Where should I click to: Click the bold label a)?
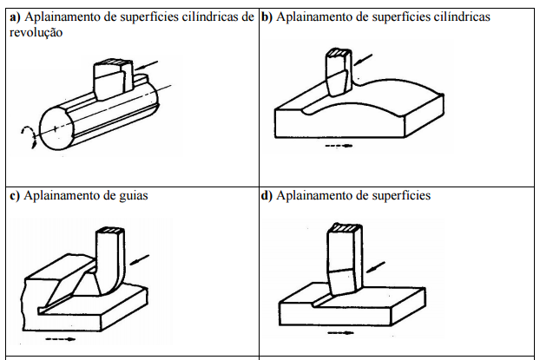15,16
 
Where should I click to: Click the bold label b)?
267,16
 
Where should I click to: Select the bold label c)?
15,195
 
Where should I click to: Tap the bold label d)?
267,195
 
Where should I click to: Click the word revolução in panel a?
36,32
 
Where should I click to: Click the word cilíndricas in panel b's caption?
462,16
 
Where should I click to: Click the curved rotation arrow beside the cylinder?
29,137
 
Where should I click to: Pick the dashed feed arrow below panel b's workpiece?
339,146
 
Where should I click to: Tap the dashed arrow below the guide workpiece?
60,339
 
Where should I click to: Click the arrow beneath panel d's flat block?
340,333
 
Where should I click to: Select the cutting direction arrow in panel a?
146,65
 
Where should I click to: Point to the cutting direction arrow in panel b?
363,60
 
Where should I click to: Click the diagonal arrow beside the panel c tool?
140,260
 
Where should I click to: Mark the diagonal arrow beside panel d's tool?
375,267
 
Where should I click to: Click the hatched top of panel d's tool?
345,227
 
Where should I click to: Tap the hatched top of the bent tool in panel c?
110,230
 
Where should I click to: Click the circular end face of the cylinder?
56,128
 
